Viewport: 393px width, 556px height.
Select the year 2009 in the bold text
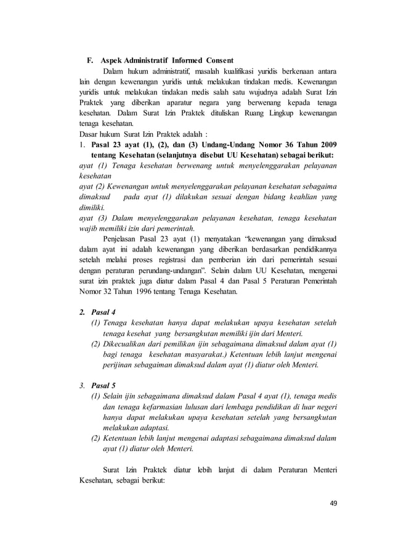pos(324,145)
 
